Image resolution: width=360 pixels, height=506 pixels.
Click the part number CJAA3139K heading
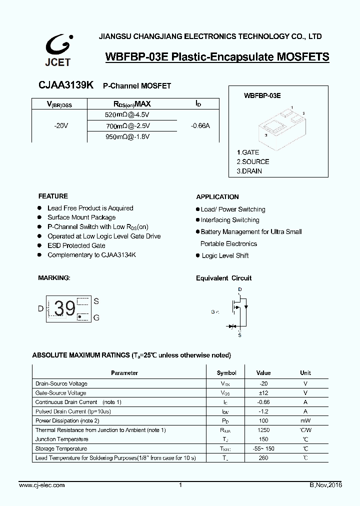pyautogui.click(x=65, y=85)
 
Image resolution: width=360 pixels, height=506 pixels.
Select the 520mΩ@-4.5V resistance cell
pyautogui.click(x=127, y=114)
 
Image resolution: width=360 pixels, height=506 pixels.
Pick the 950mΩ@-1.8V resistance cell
pyautogui.click(x=127, y=136)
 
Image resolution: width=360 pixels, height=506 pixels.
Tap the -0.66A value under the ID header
pyautogui.click(x=200, y=126)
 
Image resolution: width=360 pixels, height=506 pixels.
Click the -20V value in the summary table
pyautogui.click(x=61, y=126)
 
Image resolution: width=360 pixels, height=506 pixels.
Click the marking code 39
pyautogui.click(x=65, y=309)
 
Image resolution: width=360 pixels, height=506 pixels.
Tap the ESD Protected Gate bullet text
pyautogui.click(x=76, y=245)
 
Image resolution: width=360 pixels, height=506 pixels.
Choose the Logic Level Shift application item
pyautogui.click(x=225, y=255)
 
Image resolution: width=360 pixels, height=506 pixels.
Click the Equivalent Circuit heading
pyautogui.click(x=223, y=278)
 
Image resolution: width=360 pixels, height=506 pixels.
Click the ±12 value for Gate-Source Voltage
pyautogui.click(x=263, y=393)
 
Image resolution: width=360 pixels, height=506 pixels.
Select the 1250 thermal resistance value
pyautogui.click(x=263, y=430)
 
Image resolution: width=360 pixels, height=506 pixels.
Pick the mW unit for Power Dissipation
pyautogui.click(x=305, y=420)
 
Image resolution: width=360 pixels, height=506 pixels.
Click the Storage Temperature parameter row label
pyautogui.click(x=61, y=448)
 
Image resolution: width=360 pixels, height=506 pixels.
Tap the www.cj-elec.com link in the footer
pyautogui.click(x=42, y=485)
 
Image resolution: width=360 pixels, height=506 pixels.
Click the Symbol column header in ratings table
pyautogui.click(x=226, y=373)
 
